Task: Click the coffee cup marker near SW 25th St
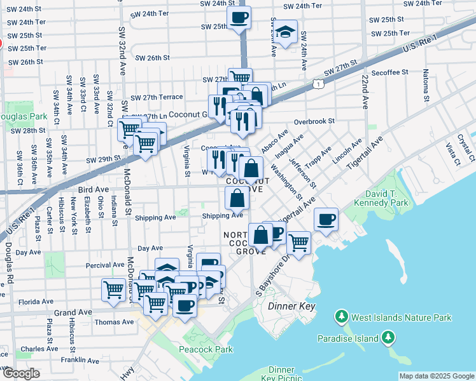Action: coord(239,18)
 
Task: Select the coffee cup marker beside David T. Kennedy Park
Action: coord(326,220)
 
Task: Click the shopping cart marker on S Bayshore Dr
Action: coord(298,243)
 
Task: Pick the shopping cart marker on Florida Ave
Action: coord(113,290)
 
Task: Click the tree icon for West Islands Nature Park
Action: coord(342,316)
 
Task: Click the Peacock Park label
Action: coord(205,349)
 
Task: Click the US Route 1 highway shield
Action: coord(316,83)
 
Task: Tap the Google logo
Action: coord(20,373)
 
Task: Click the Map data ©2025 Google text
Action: coord(437,376)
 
